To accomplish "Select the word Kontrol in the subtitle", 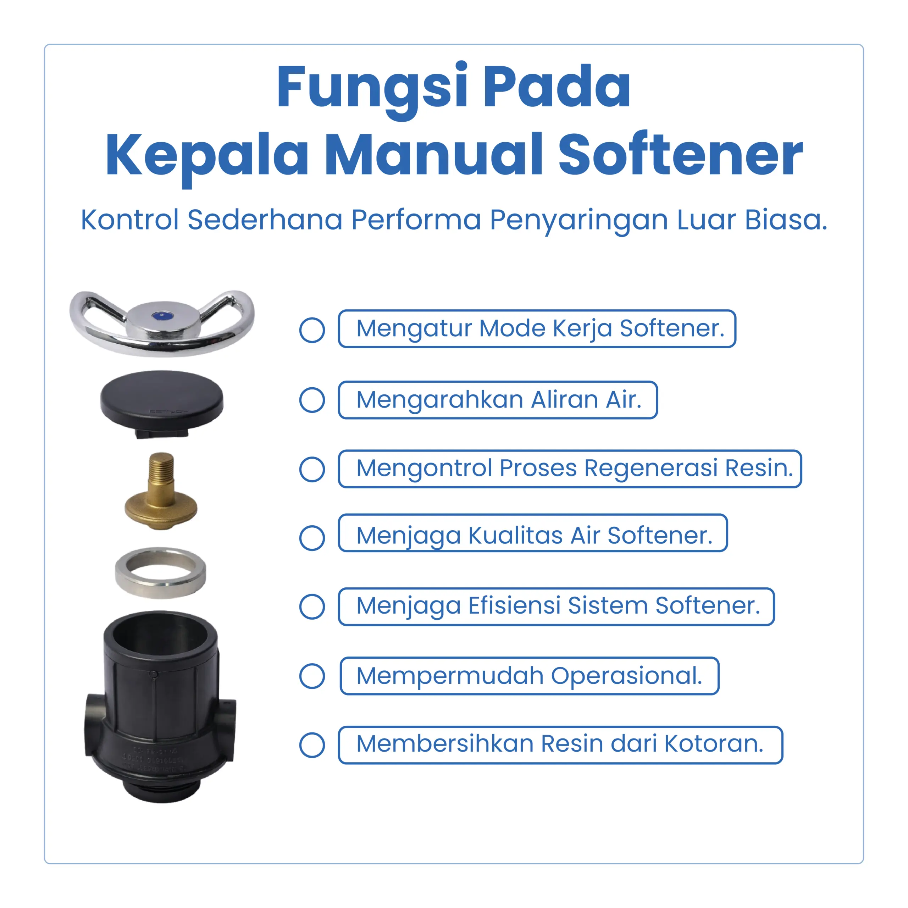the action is (130, 220).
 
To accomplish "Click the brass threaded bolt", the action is (161, 491).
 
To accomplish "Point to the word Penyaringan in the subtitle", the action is (579, 220).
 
